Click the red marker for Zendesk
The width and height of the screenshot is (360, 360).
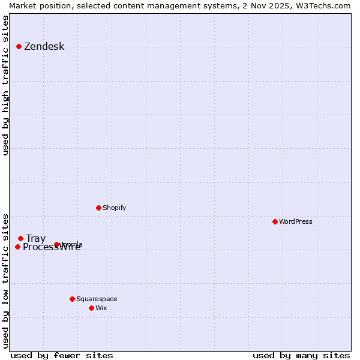pos(19,46)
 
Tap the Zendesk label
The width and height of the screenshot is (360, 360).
pos(44,47)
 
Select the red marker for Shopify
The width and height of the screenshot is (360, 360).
pos(98,208)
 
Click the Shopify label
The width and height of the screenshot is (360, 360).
pos(114,208)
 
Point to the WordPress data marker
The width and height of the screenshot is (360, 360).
pos(275,221)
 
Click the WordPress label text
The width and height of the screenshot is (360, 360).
pos(295,222)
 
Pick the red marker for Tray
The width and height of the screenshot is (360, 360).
pos(20,238)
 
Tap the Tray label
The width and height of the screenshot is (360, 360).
pos(35,239)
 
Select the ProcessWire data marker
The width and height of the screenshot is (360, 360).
pos(17,247)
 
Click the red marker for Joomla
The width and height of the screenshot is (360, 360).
pos(56,244)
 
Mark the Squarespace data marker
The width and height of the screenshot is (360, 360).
pos(72,299)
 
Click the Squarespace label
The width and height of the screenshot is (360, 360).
pos(97,299)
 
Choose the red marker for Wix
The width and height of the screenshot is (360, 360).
pos(91,308)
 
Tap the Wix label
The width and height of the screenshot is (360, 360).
pos(101,308)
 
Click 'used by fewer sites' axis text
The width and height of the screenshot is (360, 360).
pos(62,355)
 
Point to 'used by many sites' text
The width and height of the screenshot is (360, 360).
pos(301,355)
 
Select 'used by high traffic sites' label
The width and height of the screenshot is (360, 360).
pos(6,85)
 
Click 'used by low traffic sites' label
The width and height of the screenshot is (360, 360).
pos(6,280)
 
